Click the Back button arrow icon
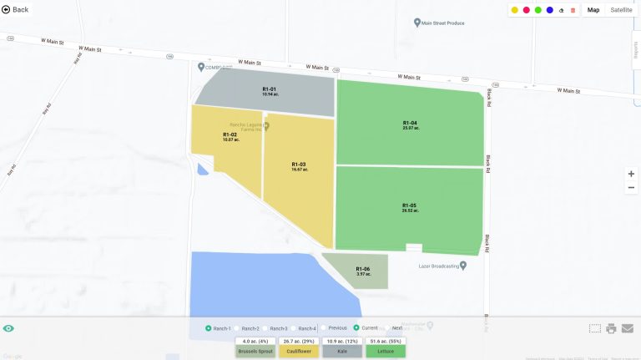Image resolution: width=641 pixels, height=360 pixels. click(7, 9)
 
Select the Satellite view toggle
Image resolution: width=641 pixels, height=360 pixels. click(621, 10)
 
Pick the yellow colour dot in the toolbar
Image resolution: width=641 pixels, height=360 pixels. click(515, 10)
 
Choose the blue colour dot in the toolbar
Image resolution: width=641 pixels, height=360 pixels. click(550, 10)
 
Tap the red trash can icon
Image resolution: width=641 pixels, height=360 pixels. click(573, 10)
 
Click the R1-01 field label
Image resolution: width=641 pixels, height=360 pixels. click(269, 89)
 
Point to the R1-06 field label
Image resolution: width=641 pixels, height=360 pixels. click(362, 269)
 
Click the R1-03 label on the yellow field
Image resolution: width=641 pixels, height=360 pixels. click(299, 165)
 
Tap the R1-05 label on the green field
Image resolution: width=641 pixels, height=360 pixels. click(409, 205)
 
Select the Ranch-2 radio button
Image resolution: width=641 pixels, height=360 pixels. click(237, 328)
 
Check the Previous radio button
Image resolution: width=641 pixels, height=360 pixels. click(324, 328)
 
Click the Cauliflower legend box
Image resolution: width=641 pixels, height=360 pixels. click(297, 352)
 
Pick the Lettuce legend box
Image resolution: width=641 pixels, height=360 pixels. click(386, 352)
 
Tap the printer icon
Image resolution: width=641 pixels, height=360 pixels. click(611, 328)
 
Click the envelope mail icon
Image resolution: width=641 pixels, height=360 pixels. click(628, 328)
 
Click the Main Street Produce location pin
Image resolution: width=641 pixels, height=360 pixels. click(417, 23)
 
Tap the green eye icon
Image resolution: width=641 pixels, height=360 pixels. click(9, 328)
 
